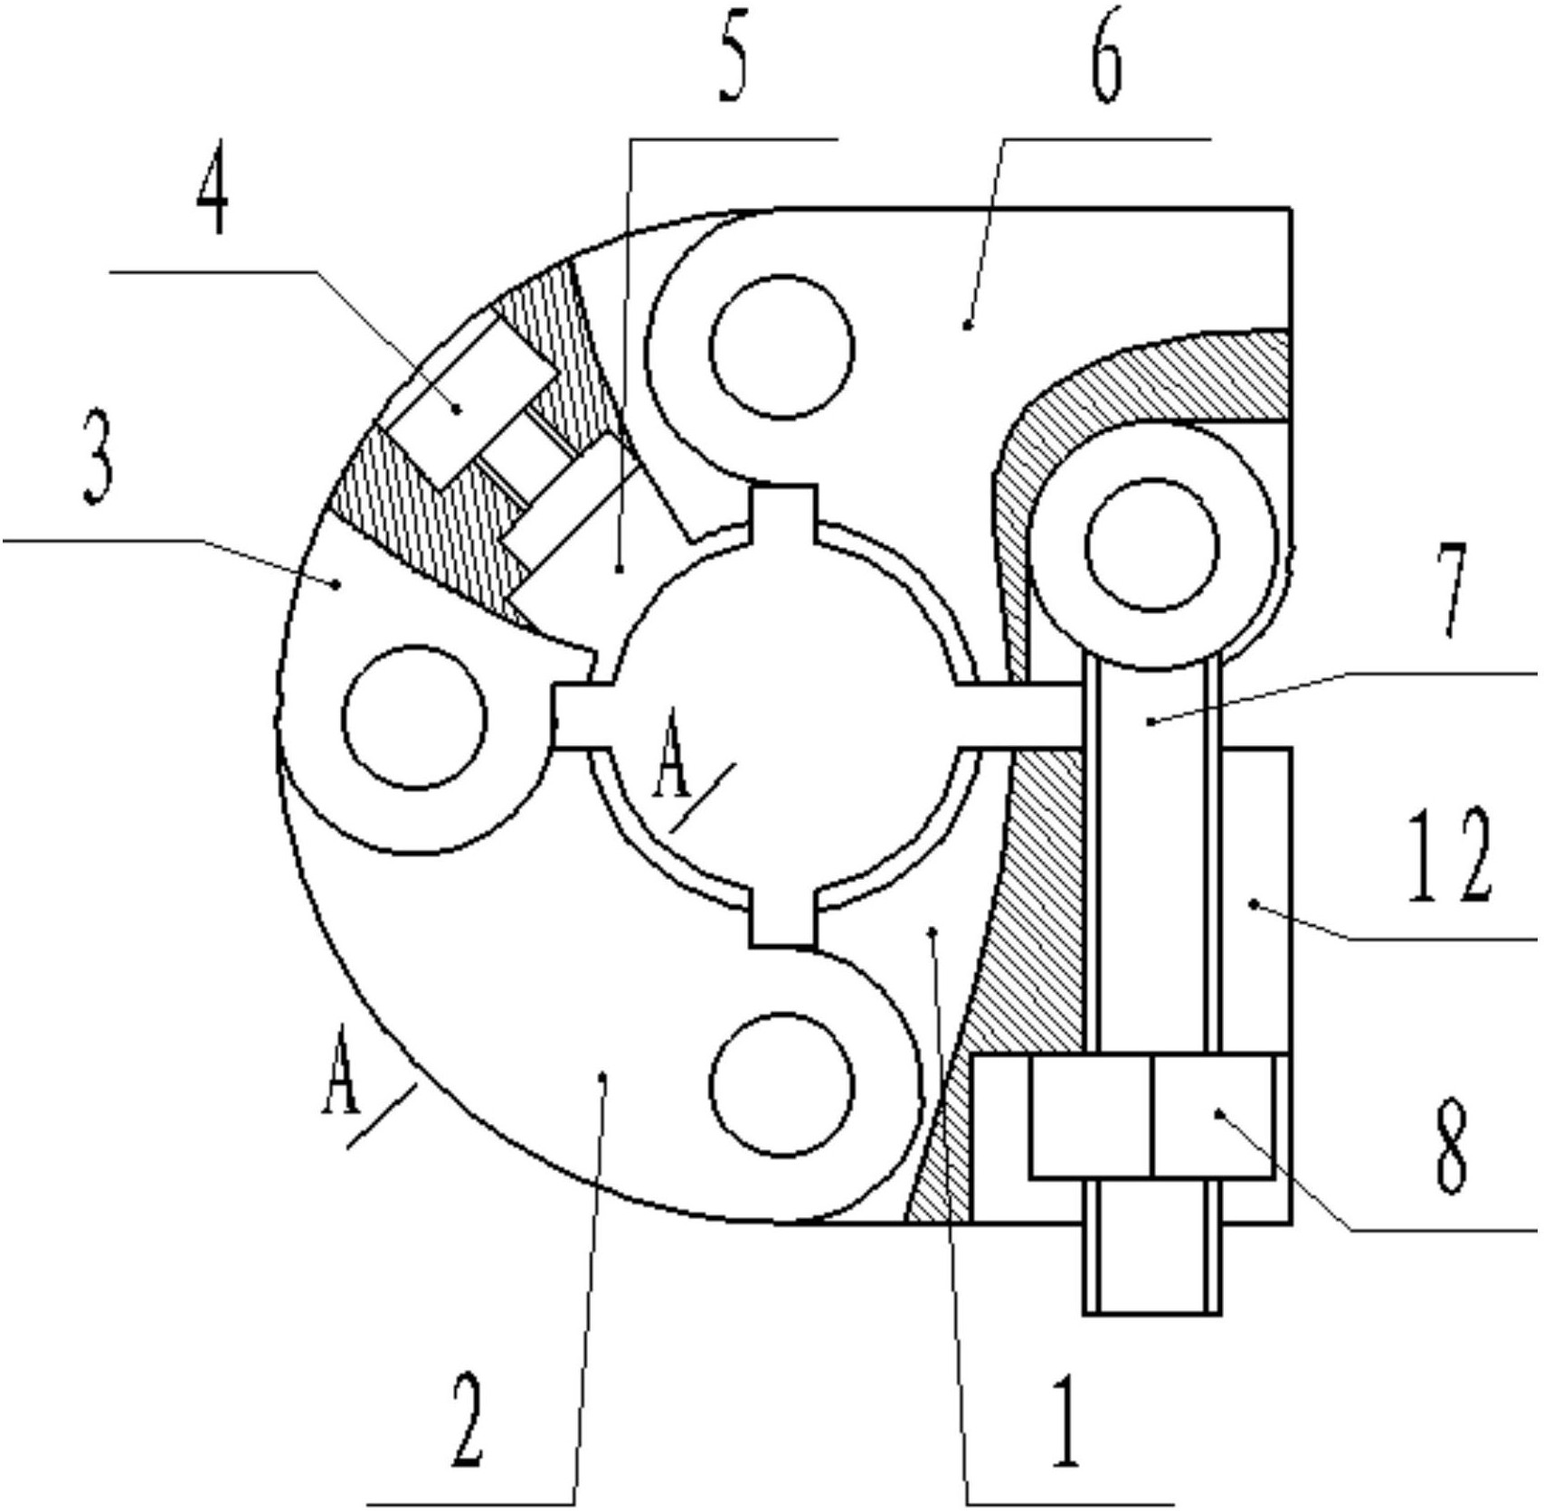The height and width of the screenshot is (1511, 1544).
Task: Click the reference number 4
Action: pyautogui.click(x=213, y=196)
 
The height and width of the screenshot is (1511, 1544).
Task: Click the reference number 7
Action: pyautogui.click(x=1452, y=590)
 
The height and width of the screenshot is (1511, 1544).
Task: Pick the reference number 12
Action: pyautogui.click(x=1449, y=855)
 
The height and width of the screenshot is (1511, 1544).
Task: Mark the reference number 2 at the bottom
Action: pyautogui.click(x=468, y=1420)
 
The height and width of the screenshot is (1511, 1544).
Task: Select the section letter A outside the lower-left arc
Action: pyautogui.click(x=341, y=1070)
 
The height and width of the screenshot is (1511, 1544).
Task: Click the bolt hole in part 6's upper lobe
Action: pyautogui.click(x=781, y=348)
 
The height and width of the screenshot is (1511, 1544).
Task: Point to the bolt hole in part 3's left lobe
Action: pyautogui.click(x=415, y=716)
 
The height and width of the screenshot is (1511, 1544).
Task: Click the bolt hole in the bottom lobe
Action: pyautogui.click(x=781, y=1083)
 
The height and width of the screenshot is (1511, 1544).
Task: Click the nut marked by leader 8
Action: pyautogui.click(x=1151, y=1115)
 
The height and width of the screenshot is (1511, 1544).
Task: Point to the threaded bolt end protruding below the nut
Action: pyautogui.click(x=1151, y=1268)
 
